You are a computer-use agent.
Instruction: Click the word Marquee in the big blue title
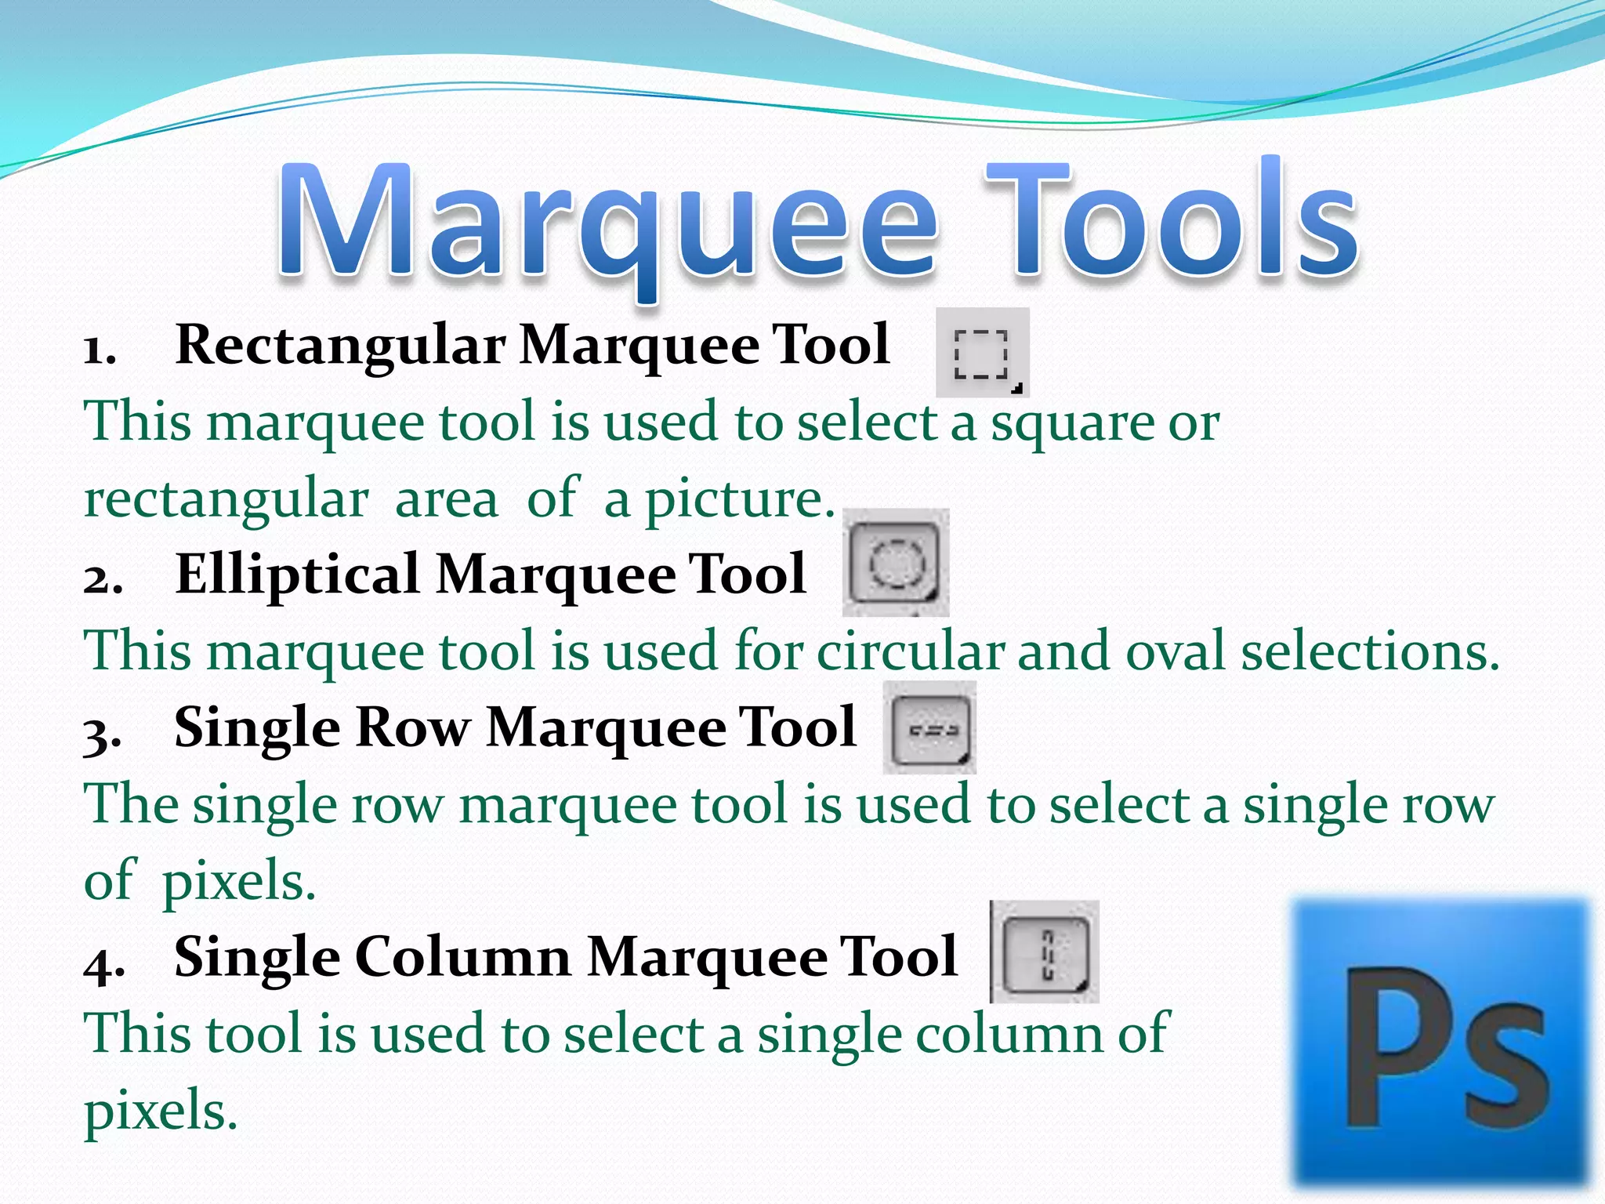click(607, 223)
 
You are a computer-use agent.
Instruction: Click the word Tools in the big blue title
click(1172, 219)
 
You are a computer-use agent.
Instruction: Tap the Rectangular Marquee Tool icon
click(982, 354)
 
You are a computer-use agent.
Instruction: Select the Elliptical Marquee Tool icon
click(895, 563)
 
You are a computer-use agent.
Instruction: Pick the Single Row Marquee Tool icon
click(929, 728)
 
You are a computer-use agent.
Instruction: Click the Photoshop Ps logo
click(1440, 1043)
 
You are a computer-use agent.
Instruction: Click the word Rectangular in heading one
click(341, 346)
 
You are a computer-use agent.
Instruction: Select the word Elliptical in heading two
click(298, 574)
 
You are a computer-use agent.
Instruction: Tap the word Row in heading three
click(413, 727)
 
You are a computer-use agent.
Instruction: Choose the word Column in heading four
click(462, 957)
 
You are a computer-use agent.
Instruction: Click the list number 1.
click(100, 350)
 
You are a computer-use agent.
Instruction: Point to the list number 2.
click(103, 580)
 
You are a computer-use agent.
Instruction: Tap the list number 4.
click(103, 963)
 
